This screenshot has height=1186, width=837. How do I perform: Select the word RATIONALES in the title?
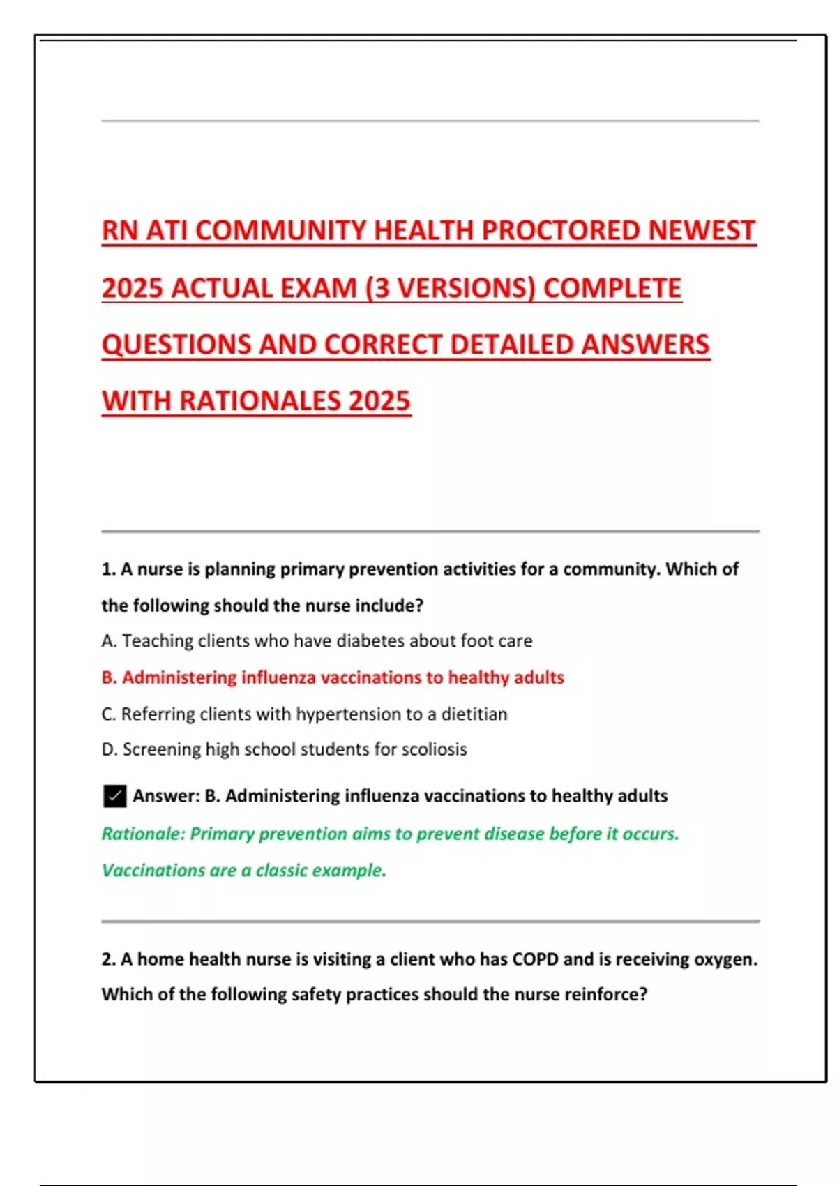pos(259,401)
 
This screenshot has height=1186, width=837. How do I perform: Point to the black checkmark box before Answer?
pos(114,796)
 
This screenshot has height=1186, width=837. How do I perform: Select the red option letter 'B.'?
pos(109,677)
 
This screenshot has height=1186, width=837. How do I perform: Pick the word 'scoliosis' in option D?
pos(434,749)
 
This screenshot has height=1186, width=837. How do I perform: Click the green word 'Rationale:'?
pos(143,834)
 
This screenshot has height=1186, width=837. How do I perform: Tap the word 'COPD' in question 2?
pos(536,959)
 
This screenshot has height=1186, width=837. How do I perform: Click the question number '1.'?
pos(108,569)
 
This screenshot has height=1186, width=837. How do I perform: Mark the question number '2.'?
pos(108,959)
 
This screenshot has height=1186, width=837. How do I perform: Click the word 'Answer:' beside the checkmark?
pos(166,796)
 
